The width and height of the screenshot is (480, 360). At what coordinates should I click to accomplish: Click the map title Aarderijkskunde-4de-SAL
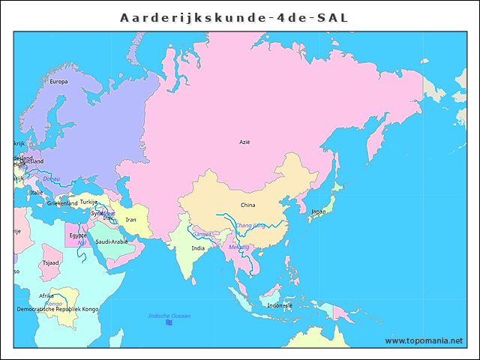(234, 17)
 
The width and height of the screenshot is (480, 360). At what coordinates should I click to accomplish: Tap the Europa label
(58, 82)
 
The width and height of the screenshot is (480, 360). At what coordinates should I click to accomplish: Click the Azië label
(244, 142)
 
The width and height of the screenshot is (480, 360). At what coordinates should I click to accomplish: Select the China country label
(247, 205)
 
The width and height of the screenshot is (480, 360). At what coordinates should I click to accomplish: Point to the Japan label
(318, 211)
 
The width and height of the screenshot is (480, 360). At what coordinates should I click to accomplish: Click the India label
(198, 247)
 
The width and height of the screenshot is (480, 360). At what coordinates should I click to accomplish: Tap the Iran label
(130, 220)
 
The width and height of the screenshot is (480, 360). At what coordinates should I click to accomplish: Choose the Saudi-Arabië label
(112, 241)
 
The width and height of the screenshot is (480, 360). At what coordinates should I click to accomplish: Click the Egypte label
(78, 235)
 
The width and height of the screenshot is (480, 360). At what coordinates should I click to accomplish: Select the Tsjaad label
(51, 263)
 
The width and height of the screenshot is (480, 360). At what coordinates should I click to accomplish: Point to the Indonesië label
(280, 305)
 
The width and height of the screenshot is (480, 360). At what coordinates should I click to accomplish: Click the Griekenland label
(62, 203)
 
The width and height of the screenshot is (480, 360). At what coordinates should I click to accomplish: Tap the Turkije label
(88, 202)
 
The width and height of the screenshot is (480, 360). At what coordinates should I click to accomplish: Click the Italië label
(36, 193)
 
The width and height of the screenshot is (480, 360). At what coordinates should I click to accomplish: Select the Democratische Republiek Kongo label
(58, 309)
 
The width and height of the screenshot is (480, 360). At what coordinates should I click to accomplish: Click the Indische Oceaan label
(169, 316)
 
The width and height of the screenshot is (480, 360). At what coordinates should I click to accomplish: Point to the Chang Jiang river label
(250, 225)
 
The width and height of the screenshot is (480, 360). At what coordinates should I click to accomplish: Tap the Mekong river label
(238, 247)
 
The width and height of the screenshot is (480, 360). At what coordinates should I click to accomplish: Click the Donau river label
(51, 178)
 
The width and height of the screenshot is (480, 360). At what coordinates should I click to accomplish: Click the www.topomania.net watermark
(424, 340)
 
